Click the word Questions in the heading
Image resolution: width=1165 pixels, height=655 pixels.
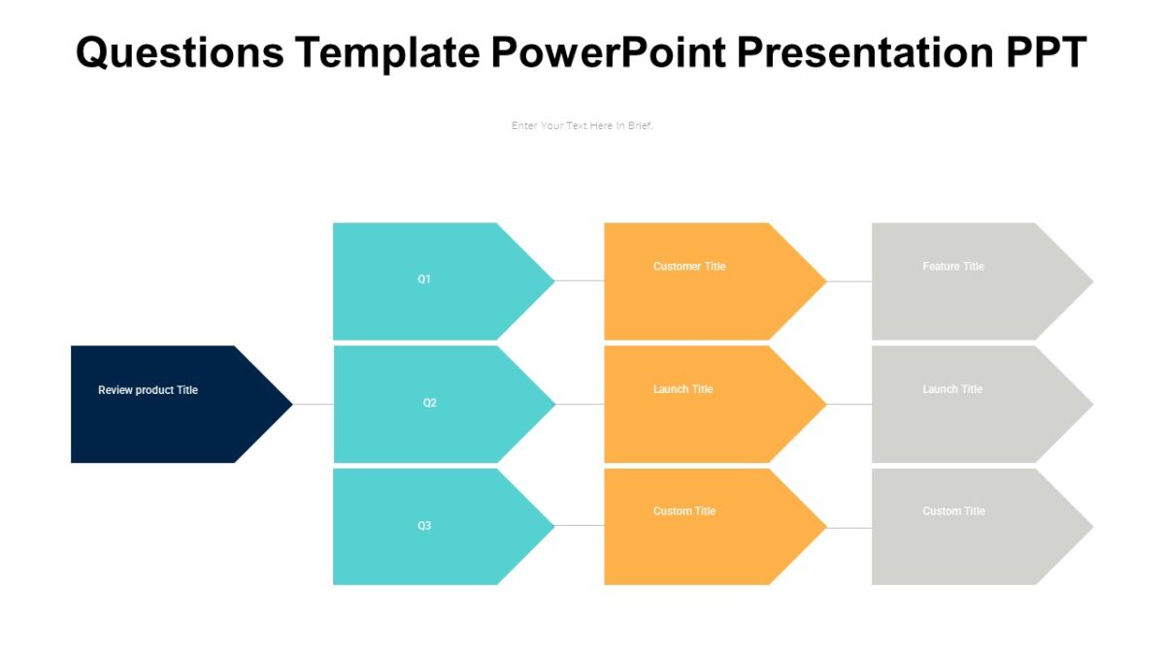(180, 52)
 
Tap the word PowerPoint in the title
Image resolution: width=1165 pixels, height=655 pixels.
(608, 52)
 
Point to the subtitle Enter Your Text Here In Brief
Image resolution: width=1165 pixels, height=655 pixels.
(582, 125)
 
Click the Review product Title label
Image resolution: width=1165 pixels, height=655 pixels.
(148, 390)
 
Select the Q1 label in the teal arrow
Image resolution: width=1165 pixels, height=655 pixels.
(424, 279)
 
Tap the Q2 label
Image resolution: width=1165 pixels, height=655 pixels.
(429, 403)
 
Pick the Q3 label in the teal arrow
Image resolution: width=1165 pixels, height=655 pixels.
(424, 526)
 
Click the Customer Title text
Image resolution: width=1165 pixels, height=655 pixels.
(689, 267)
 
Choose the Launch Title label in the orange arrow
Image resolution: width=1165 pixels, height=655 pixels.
(682, 389)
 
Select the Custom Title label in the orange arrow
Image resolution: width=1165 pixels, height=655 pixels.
(684, 511)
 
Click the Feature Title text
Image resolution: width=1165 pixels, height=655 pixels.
(952, 267)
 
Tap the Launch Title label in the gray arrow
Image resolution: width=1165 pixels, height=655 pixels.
(951, 389)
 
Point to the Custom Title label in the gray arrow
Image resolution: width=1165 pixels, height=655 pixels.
(954, 511)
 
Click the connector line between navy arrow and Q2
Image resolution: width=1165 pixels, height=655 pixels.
(313, 404)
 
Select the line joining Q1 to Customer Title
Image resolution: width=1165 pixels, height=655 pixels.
(580, 281)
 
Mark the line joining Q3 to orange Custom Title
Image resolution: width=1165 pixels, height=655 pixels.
(580, 526)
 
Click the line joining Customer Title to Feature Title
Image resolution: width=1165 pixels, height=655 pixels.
(849, 281)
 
